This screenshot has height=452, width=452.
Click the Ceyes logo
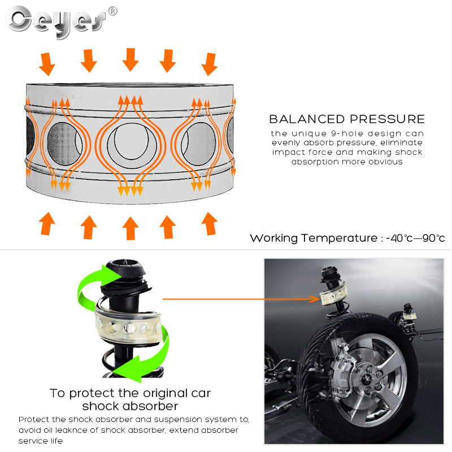[56, 21]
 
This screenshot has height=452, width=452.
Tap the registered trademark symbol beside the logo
[112, 11]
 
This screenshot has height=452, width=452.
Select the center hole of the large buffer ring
[131, 141]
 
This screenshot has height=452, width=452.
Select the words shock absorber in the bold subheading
[130, 406]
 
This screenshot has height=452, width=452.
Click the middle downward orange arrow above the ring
[131, 59]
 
